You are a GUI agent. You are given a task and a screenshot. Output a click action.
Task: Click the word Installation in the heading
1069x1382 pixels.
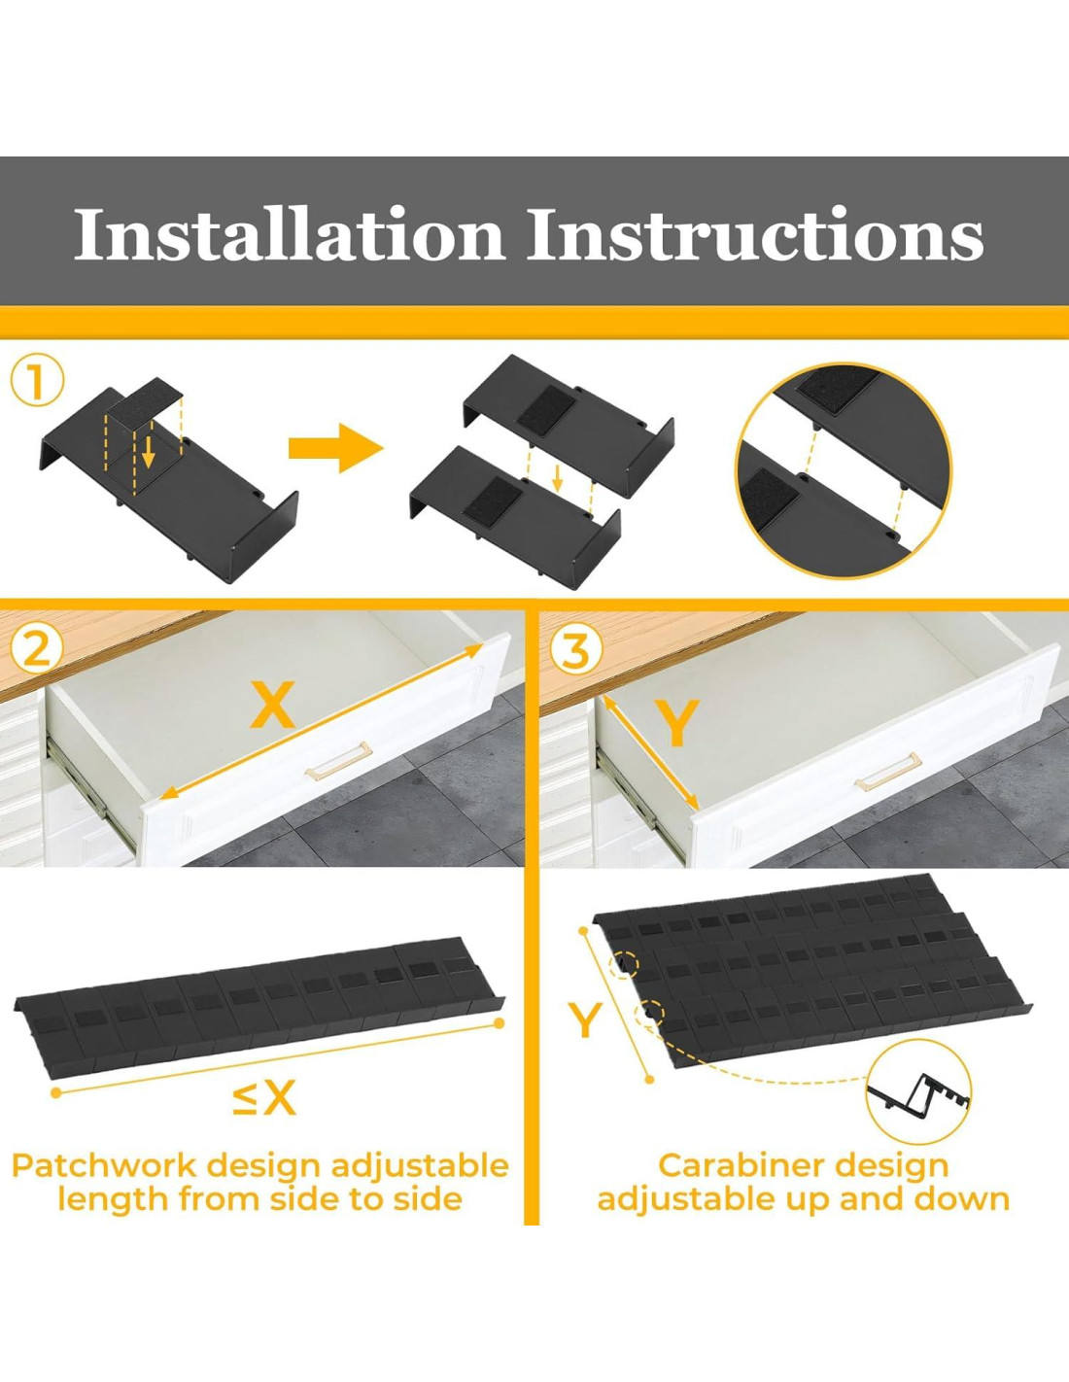(290, 233)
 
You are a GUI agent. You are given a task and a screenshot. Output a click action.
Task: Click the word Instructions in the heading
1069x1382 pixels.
(756, 233)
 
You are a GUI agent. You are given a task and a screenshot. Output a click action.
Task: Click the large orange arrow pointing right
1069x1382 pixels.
(336, 448)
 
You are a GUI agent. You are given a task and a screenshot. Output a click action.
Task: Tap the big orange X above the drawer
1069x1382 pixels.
(272, 704)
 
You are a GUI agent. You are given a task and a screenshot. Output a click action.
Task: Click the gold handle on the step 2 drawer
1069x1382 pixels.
(338, 760)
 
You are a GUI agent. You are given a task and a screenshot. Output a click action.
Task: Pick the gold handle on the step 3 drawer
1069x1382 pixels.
(888, 771)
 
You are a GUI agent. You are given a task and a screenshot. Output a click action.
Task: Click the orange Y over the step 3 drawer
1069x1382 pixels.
(678, 722)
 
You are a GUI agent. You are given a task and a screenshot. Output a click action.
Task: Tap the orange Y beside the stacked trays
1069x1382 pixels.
(585, 1019)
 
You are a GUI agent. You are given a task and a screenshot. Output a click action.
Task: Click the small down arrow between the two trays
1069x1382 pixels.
(557, 478)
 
